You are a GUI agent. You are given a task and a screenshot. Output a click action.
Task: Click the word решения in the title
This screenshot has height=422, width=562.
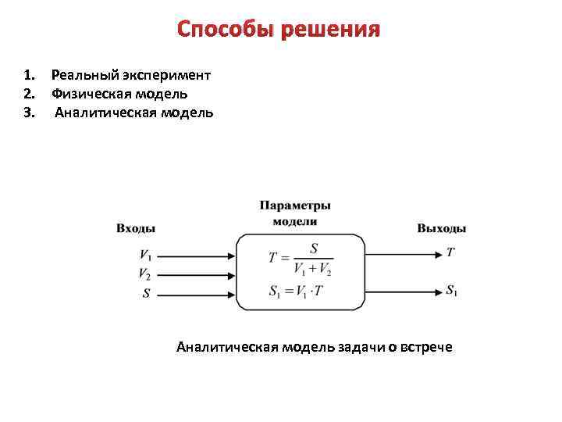tap(330, 30)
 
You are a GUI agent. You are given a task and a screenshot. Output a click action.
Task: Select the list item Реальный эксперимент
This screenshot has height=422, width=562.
tap(130, 75)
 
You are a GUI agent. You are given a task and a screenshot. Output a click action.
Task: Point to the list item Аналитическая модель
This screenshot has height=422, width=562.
tap(133, 113)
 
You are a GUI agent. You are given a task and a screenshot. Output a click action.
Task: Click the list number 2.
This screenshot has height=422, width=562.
tap(28, 94)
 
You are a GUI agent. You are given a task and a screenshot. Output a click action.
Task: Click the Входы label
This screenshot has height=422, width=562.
tap(136, 228)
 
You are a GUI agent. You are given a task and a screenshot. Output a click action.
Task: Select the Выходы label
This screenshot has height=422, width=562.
tap(442, 228)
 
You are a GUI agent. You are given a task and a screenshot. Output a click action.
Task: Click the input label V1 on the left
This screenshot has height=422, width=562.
tap(146, 255)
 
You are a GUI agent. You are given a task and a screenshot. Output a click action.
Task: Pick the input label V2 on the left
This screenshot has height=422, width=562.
tap(146, 274)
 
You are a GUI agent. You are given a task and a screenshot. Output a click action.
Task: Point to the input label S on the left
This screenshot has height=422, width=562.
tap(146, 293)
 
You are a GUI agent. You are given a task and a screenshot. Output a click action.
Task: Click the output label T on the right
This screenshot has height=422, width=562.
tap(450, 252)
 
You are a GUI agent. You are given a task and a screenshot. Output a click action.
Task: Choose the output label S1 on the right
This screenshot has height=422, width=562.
tap(452, 290)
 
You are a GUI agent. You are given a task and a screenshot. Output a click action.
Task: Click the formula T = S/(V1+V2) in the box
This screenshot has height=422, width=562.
tap(301, 258)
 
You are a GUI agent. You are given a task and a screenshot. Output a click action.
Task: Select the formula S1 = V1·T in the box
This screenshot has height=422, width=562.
tap(297, 291)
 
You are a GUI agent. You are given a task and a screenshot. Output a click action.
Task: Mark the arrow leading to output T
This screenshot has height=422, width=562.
tap(403, 254)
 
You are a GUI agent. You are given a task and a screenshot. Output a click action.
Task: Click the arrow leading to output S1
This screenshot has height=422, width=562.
tap(403, 291)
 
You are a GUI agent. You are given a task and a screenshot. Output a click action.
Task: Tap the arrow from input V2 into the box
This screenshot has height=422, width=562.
tap(195, 274)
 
